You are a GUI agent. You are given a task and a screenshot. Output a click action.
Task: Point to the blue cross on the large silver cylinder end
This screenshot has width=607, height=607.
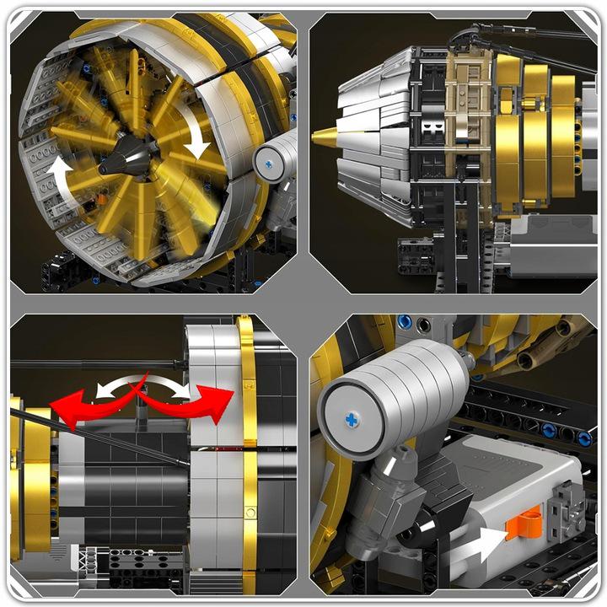point(352,419)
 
